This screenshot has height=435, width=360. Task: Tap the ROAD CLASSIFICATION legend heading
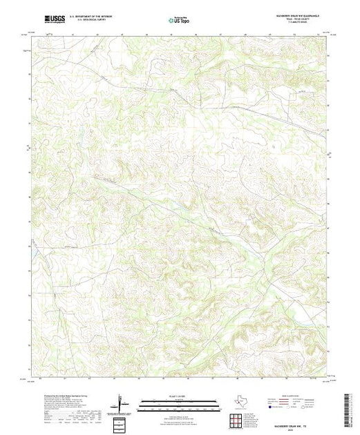[x=297, y=396]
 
